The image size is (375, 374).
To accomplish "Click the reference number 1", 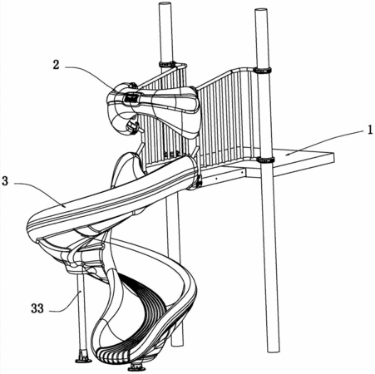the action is tap(370, 130).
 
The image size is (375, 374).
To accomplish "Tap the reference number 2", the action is tap(57, 65).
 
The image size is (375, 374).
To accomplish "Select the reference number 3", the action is tap(5, 181).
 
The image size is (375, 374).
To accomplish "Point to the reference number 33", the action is tap(37, 308).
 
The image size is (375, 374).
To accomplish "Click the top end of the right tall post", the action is tap(261, 10).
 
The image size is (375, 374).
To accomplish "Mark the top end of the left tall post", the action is tap(165, 3).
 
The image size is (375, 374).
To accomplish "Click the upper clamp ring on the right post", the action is tap(263, 70).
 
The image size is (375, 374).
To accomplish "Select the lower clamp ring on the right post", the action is tap(265, 160).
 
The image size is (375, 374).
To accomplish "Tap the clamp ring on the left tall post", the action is tap(167, 64).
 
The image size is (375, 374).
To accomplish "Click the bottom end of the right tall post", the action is tap(273, 350).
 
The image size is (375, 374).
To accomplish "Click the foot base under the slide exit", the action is tap(136, 367).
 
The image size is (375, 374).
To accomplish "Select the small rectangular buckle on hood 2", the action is tap(132, 98).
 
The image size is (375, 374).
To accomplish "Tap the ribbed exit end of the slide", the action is tap(113, 355).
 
